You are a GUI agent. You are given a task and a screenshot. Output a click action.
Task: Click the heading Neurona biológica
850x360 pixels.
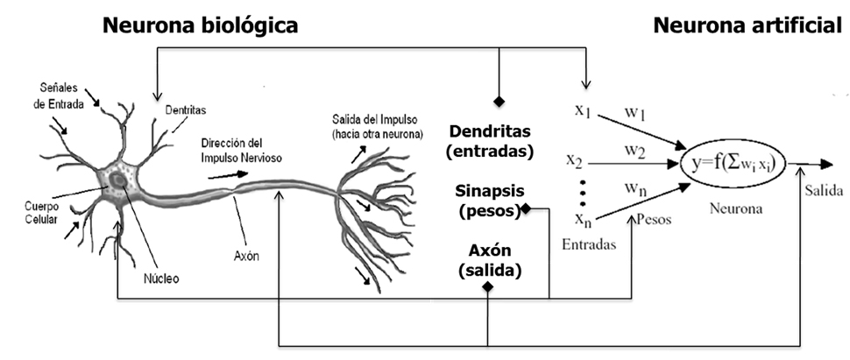pyautogui.click(x=200, y=25)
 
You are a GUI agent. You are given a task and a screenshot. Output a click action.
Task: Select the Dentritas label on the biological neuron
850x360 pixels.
pyautogui.click(x=186, y=109)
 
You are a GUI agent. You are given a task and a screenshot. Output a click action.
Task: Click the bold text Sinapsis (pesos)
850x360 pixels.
pyautogui.click(x=490, y=200)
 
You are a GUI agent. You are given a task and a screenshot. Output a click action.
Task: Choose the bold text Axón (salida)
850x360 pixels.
pyautogui.click(x=490, y=261)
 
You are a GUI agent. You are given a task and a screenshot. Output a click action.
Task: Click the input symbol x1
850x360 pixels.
pyautogui.click(x=584, y=110)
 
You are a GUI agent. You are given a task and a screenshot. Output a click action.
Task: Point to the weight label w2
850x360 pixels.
pyautogui.click(x=635, y=151)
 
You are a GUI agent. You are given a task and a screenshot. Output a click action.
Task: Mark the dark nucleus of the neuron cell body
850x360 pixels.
pyautogui.click(x=117, y=180)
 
